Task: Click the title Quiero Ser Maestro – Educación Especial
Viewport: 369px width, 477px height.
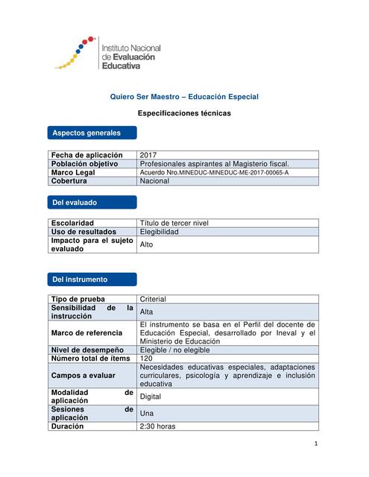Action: pos(184,97)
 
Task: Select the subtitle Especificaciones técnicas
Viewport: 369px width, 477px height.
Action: pos(184,113)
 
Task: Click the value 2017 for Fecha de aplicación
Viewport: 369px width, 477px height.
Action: pos(148,154)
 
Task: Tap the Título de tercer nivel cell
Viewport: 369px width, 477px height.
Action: pos(174,223)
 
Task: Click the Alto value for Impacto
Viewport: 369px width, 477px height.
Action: pos(147,244)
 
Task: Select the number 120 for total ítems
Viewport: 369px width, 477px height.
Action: pos(146,358)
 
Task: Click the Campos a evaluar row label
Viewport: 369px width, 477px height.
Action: pos(82,376)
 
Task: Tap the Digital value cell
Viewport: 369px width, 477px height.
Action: pos(150,397)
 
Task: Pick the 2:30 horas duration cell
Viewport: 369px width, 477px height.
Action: pos(157,427)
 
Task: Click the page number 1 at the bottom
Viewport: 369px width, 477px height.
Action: pos(316,445)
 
